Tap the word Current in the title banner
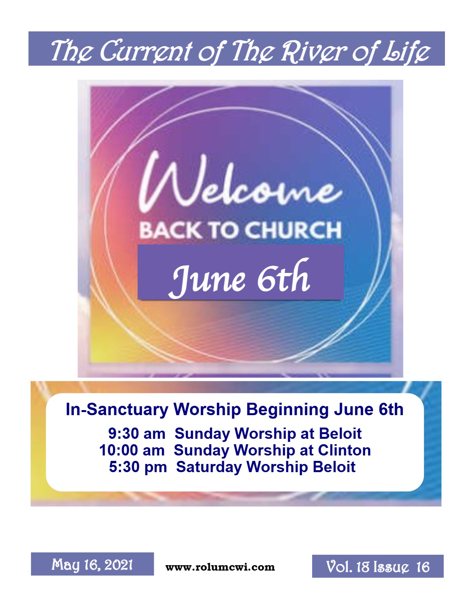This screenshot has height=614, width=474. point(146,50)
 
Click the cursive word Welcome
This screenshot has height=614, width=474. point(240,183)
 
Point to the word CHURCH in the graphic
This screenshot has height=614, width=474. point(293,230)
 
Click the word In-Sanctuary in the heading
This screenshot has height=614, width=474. point(117,409)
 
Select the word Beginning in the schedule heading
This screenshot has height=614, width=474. point(287,410)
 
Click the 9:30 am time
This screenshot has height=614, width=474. point(137,433)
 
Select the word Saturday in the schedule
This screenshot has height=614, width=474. point(209,467)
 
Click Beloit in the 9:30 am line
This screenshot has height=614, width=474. point(340,433)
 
